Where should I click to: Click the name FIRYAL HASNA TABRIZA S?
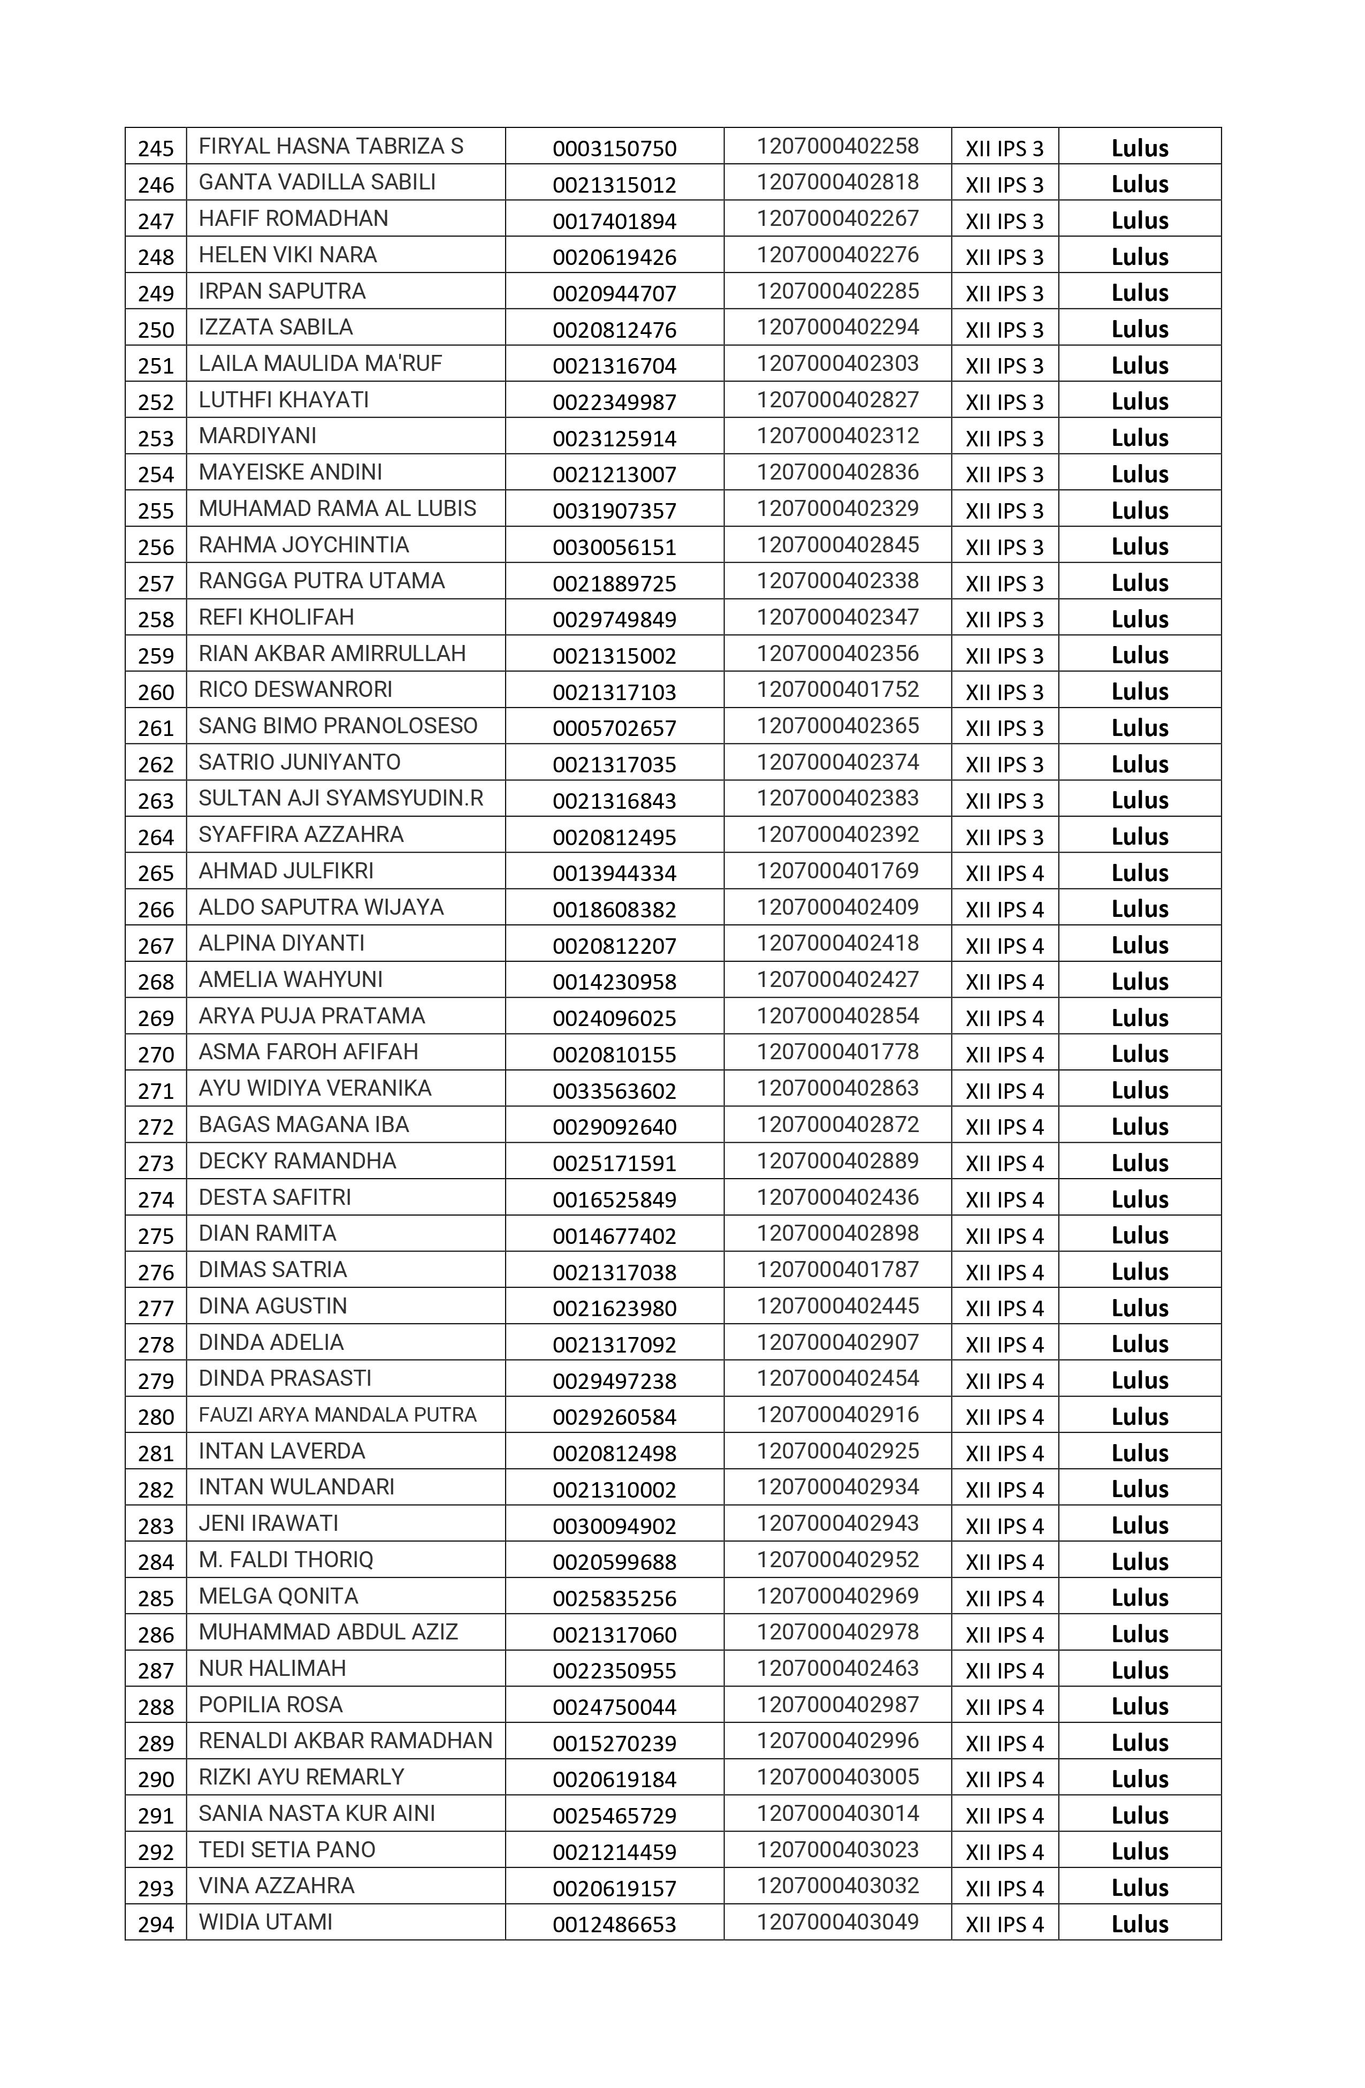[x=331, y=147]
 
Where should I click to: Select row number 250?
[x=156, y=330]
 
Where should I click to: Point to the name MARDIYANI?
[x=257, y=436]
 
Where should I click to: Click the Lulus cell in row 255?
[x=1140, y=511]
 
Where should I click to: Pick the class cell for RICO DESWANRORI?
[x=1004, y=692]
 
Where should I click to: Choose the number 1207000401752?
[x=838, y=689]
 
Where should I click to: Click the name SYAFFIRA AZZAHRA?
[x=301, y=834]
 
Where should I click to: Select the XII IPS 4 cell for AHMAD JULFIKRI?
[x=1004, y=873]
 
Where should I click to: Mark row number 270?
[x=156, y=1054]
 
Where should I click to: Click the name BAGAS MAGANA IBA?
[x=303, y=1125]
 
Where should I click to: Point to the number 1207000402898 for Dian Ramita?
[x=838, y=1234]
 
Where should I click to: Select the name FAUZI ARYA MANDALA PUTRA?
[x=337, y=1415]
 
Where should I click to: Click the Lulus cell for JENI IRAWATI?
[x=1140, y=1525]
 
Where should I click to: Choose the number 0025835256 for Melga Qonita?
[x=614, y=1598]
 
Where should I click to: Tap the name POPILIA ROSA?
[x=270, y=1705]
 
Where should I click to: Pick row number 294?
[x=156, y=1925]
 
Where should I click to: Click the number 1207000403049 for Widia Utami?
[x=838, y=1922]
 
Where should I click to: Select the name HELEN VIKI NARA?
[x=288, y=255]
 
